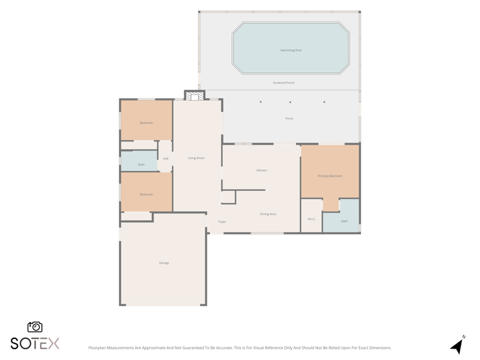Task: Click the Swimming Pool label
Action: (291, 50)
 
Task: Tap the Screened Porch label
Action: (283, 83)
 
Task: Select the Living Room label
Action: (196, 158)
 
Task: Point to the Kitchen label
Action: (262, 170)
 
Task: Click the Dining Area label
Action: (268, 214)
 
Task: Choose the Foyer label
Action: (222, 221)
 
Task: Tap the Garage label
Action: (164, 263)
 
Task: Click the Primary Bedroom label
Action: (330, 176)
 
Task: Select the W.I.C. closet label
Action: (311, 219)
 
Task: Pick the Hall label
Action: (166, 158)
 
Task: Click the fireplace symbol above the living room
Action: (194, 96)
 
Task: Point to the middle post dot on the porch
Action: (290, 102)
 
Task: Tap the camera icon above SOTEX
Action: (35, 327)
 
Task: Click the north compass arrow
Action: (457, 346)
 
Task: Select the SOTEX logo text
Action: (35, 343)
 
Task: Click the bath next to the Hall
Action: (139, 161)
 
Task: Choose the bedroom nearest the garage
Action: (146, 192)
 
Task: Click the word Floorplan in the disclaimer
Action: (97, 348)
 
